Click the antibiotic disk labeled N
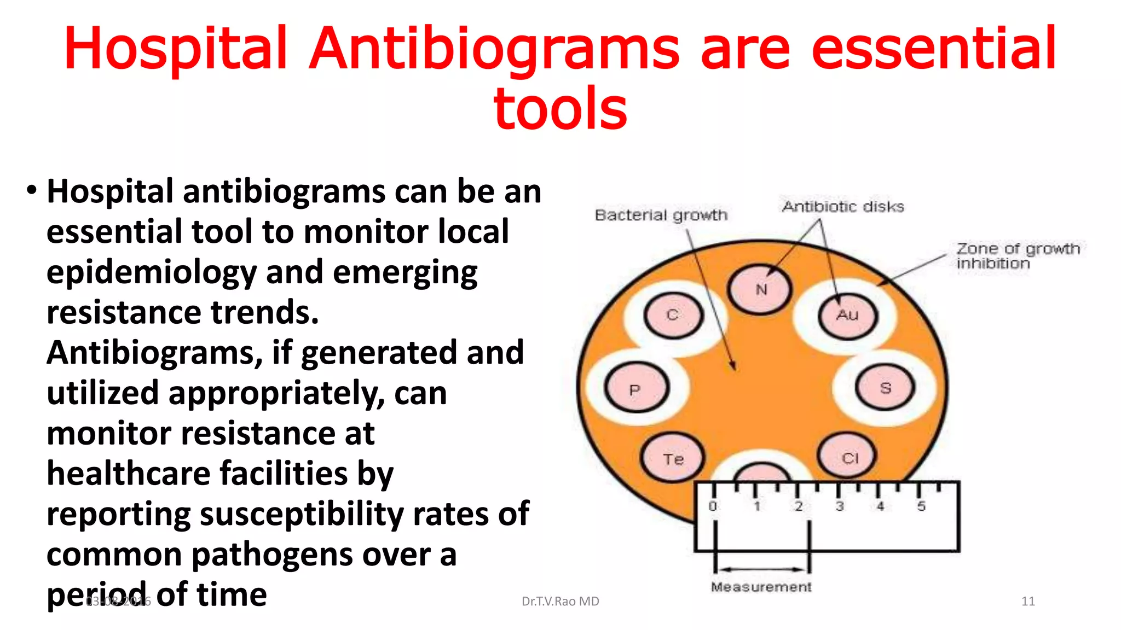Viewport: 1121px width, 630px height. point(760,290)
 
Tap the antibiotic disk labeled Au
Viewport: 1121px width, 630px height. point(847,315)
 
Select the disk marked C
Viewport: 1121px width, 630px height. point(673,315)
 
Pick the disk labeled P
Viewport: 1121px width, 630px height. point(635,389)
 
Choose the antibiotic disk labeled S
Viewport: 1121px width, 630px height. point(885,388)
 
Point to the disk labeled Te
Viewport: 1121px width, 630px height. point(673,458)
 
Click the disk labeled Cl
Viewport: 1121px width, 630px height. point(849,457)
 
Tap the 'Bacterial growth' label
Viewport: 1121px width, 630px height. point(661,215)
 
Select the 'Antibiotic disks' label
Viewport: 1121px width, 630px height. point(843,207)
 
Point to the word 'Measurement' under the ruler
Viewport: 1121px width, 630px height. point(761,587)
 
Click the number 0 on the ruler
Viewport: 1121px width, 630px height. point(713,506)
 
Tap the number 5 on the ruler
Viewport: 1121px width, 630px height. point(921,506)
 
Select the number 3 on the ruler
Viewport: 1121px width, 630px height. point(839,506)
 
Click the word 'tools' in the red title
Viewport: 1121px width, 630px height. point(560,109)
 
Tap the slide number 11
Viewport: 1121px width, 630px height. point(1028,601)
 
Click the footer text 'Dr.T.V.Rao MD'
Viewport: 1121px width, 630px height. point(560,601)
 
